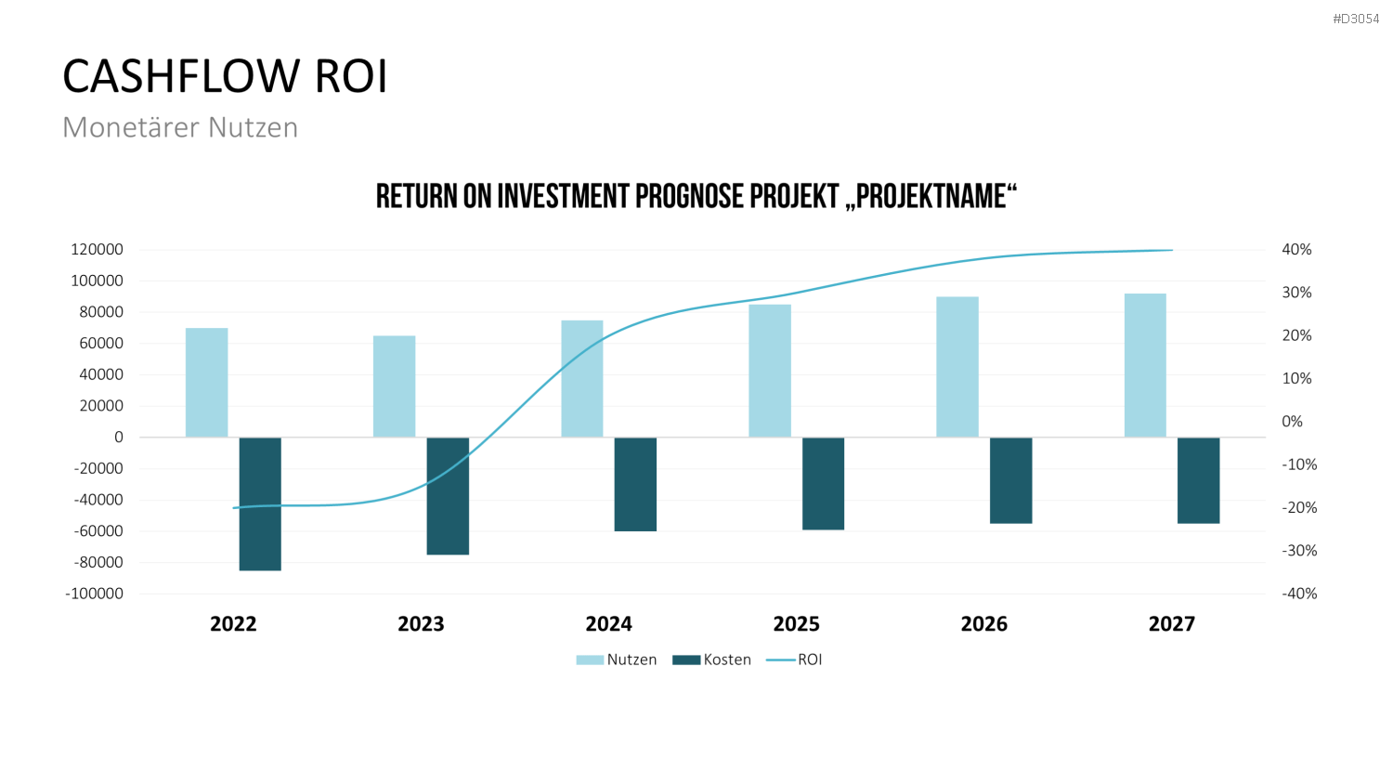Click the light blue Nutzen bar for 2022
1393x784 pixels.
206,382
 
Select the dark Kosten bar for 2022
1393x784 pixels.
260,504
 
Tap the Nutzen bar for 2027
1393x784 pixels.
1145,365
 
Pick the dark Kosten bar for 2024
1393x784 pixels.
635,484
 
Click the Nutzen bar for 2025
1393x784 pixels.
770,371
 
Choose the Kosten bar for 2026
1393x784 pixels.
1011,480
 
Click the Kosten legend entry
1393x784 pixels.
712,660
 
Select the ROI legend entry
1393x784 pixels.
794,660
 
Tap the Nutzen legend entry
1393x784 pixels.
617,660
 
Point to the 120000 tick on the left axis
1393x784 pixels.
97,250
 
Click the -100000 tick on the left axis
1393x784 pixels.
94,594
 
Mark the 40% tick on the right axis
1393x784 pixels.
1296,250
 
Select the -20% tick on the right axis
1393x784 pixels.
1299,508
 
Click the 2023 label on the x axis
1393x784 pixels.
421,624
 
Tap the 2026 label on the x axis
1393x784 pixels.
983,624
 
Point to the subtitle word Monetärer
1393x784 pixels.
131,127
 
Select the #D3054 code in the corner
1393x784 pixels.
1356,20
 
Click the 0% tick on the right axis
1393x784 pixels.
1293,422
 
